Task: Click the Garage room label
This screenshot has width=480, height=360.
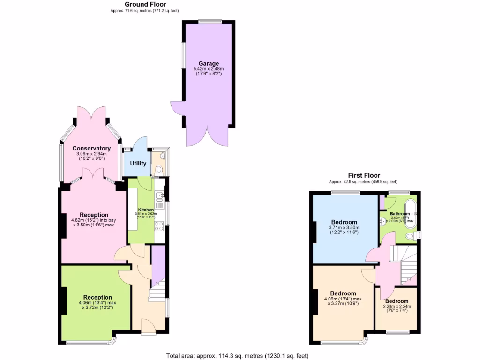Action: [209, 64]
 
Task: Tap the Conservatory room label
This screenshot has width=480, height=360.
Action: [91, 149]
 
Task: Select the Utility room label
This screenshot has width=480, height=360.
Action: [138, 164]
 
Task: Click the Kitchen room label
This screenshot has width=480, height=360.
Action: [146, 210]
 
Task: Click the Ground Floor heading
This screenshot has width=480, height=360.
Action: [145, 4]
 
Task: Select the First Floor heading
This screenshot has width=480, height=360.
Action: [364, 175]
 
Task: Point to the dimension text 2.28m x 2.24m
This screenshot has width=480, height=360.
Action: [397, 307]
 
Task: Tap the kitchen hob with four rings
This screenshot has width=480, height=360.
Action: [159, 227]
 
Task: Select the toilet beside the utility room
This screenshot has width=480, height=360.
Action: [159, 168]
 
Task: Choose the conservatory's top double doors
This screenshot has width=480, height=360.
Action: [91, 114]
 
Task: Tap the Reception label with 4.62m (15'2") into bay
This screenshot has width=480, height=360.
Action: [91, 215]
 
